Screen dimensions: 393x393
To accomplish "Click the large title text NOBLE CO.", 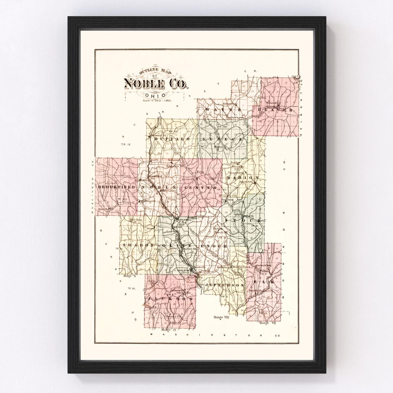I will [x=156, y=84].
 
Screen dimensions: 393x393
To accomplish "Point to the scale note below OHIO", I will [x=157, y=100].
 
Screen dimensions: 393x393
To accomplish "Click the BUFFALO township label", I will [x=168, y=139].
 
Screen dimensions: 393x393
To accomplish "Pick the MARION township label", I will [x=242, y=178].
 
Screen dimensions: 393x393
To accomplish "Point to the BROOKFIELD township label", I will [x=115, y=187].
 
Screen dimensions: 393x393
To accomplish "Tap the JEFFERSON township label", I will [x=224, y=285].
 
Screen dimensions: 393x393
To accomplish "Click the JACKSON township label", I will [x=170, y=298].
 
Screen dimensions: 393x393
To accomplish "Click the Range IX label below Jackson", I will [x=176, y=330].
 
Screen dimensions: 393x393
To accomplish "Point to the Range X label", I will [x=130, y=276].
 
